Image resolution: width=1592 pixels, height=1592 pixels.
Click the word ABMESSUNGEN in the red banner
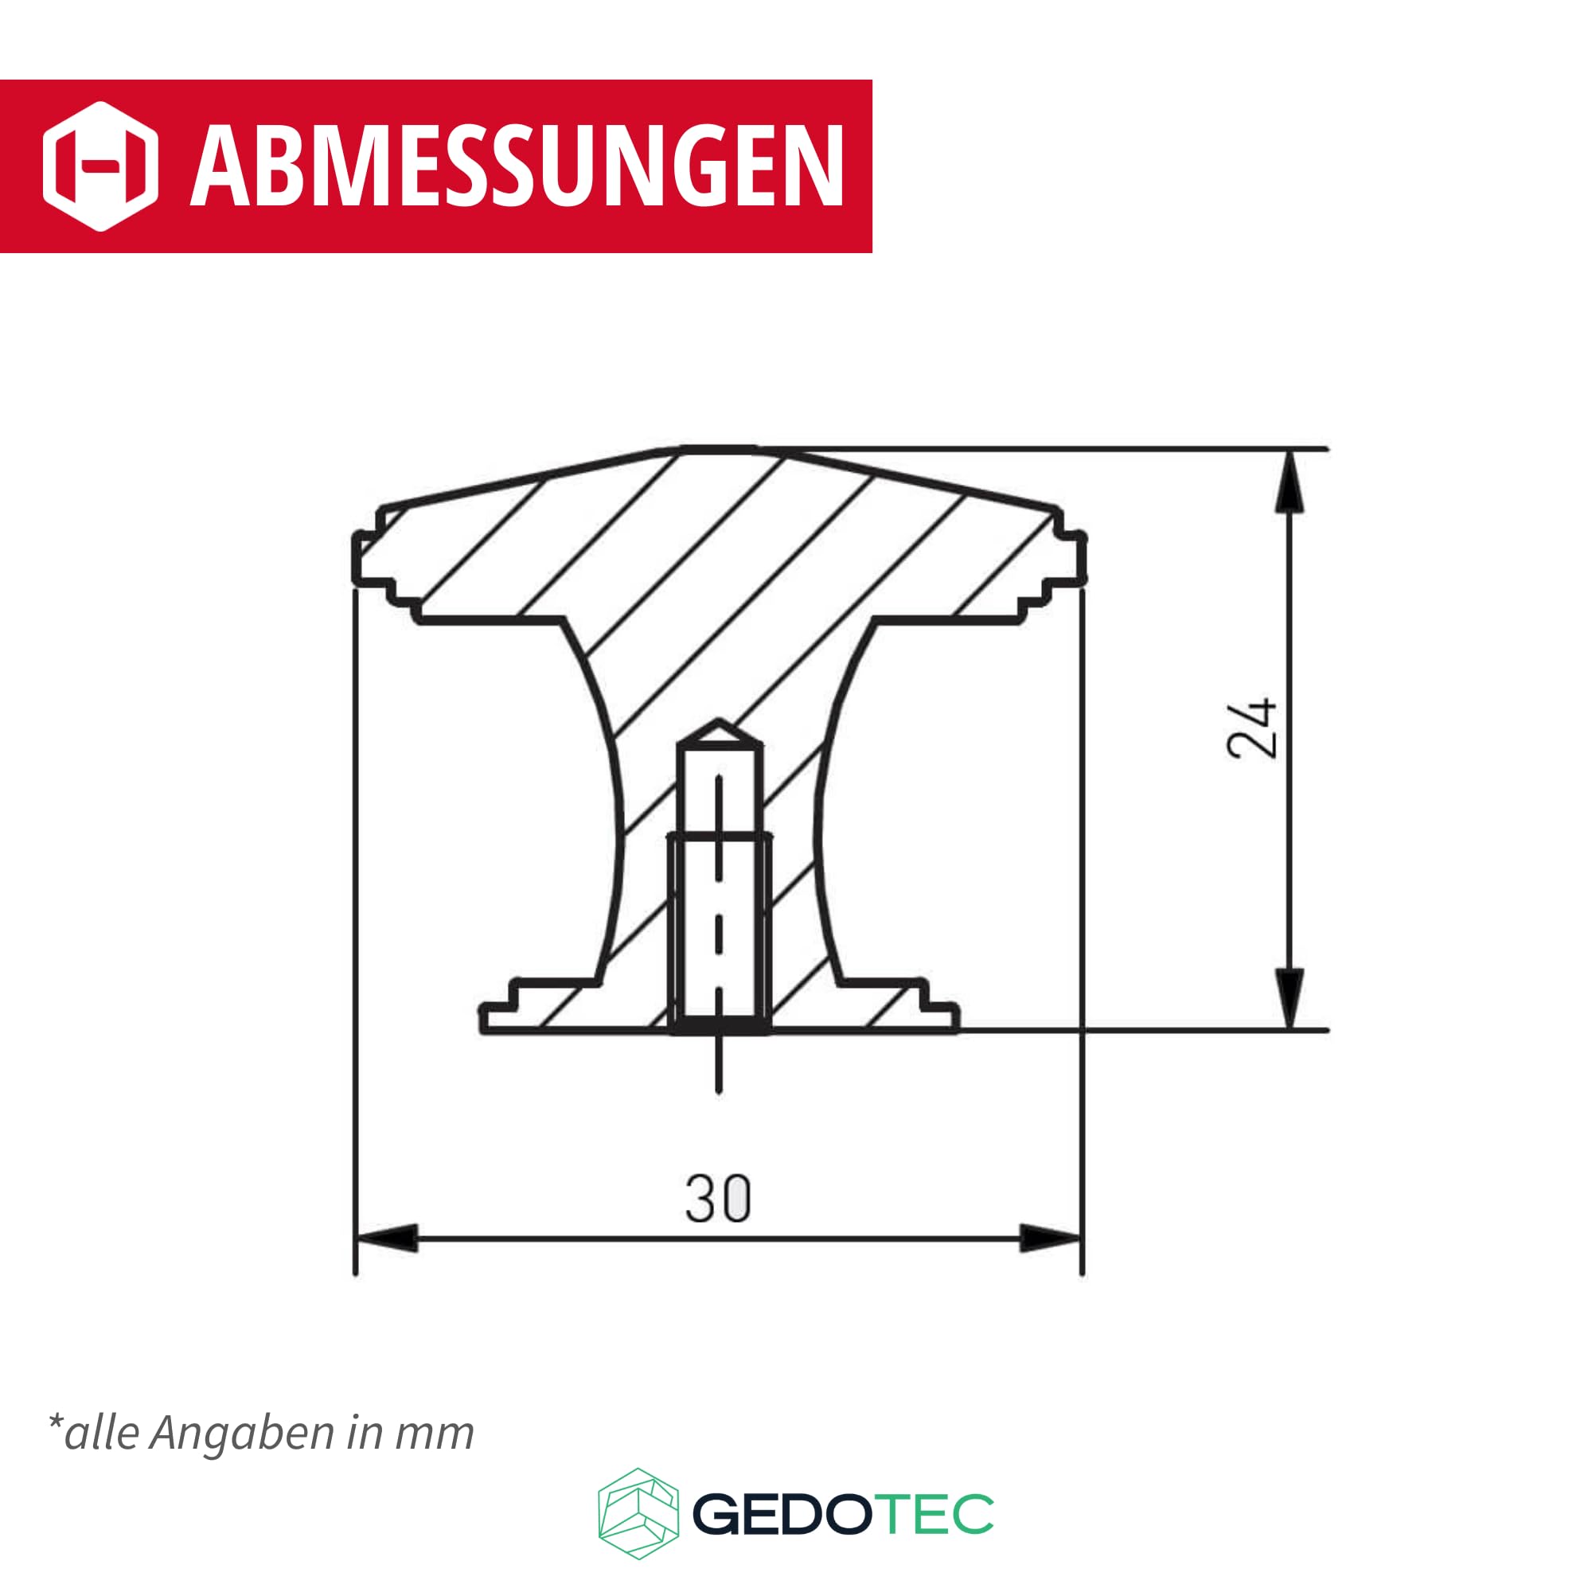(x=517, y=167)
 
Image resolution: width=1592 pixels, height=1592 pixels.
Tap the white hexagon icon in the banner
(x=99, y=166)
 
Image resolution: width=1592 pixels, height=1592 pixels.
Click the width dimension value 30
(x=718, y=1199)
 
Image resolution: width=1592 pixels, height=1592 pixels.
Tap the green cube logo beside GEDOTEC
(x=638, y=1514)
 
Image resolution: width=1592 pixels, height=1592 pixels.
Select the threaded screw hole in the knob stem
(x=720, y=931)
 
